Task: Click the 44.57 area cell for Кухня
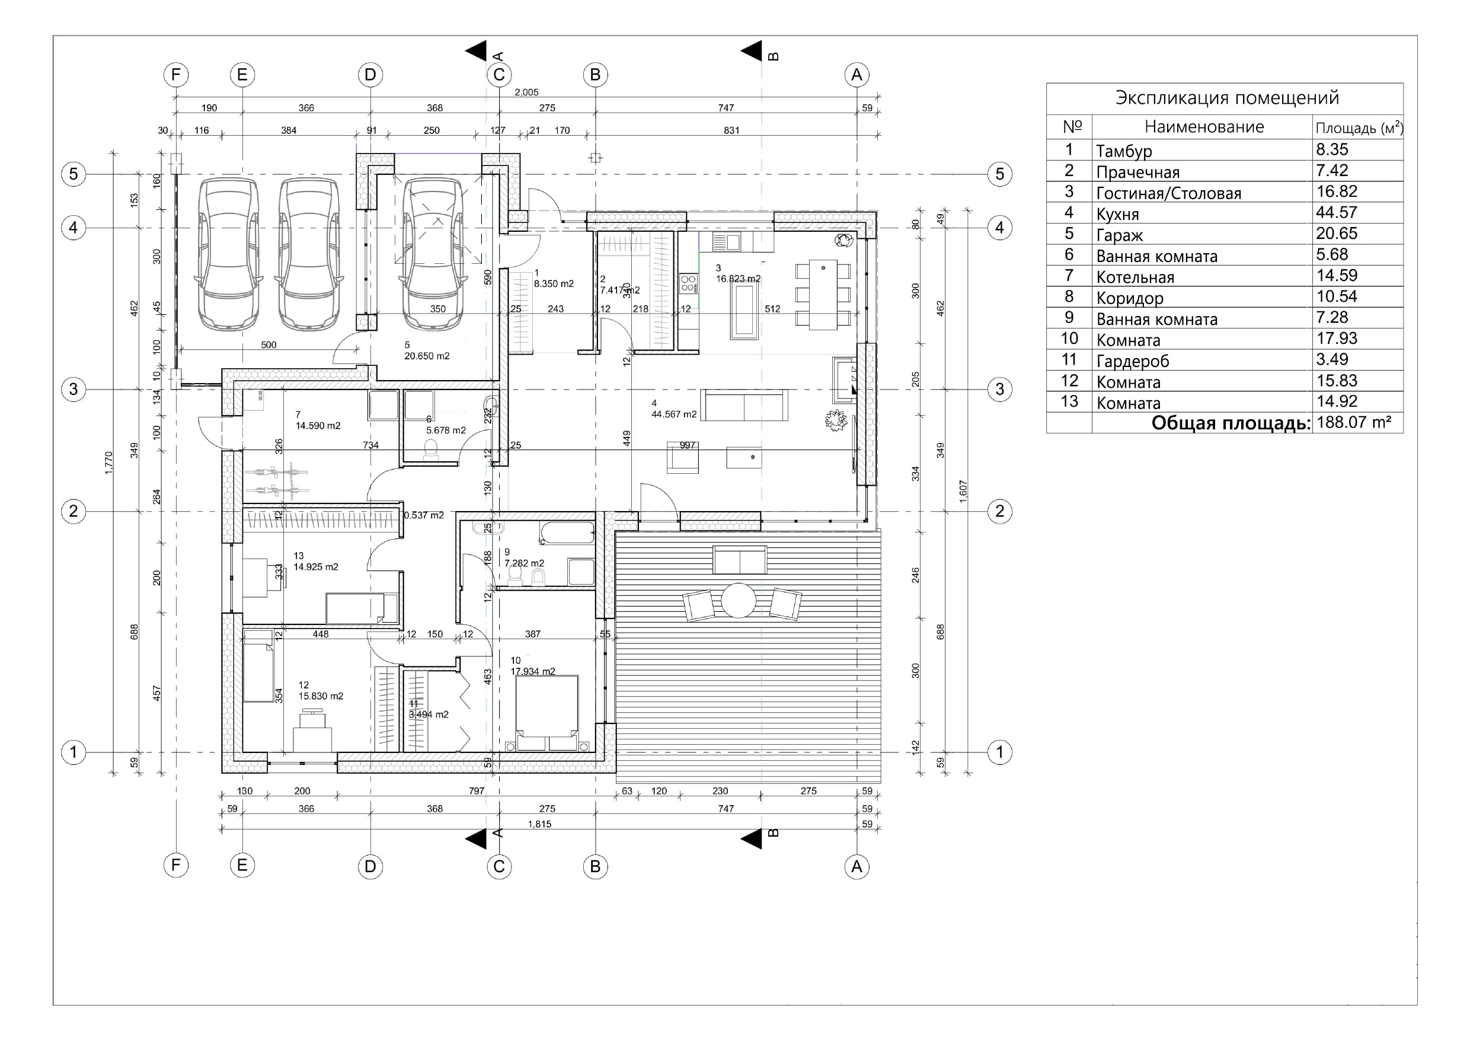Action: [1336, 213]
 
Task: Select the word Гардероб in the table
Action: [1132, 361]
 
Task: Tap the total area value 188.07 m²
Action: [1353, 423]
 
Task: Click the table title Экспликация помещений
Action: [1227, 98]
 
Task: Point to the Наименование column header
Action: [1204, 127]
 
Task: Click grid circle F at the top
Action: [176, 75]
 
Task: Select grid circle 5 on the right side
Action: [999, 174]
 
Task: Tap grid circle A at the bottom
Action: [857, 866]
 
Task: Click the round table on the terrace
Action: [739, 601]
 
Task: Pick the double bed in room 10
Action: [548, 712]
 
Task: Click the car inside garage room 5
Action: [433, 254]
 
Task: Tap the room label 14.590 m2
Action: [318, 426]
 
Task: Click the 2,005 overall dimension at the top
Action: [526, 92]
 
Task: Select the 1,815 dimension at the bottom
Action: [539, 824]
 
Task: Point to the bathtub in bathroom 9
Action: [567, 533]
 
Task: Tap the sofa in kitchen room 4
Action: [744, 406]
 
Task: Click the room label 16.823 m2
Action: [737, 279]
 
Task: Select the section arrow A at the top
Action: [477, 51]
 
